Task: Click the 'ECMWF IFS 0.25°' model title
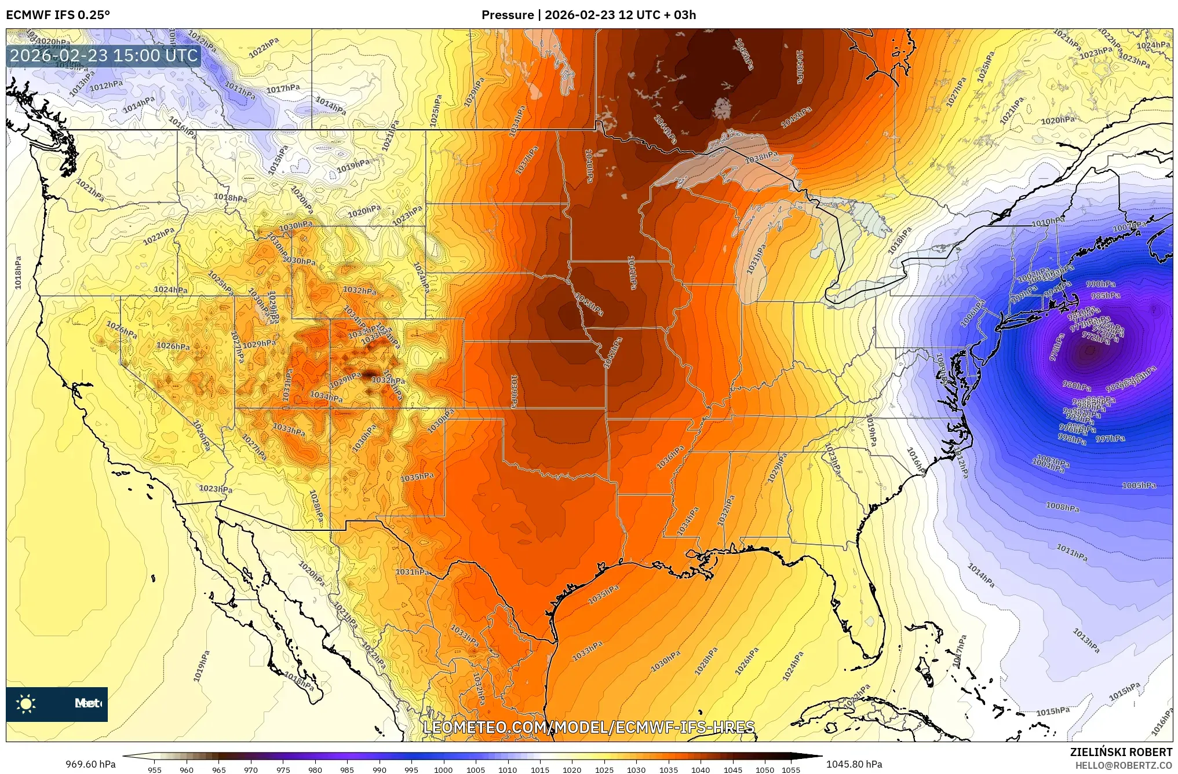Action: point(58,14)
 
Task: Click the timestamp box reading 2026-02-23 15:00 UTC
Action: point(104,56)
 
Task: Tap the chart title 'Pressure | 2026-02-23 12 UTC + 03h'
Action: point(589,14)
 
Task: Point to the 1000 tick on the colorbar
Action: point(443,769)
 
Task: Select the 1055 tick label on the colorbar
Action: point(791,769)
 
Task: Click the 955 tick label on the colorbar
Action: point(154,769)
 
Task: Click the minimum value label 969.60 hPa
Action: point(90,764)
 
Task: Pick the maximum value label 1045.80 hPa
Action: point(854,764)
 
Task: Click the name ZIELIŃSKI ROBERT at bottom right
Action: point(1121,752)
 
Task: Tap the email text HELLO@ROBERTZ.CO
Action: point(1124,765)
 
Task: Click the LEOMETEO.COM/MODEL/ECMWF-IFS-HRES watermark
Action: point(589,727)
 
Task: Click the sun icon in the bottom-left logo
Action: point(26,704)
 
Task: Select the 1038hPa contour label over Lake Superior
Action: point(761,157)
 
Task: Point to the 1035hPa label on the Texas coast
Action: point(603,595)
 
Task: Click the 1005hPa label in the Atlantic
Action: point(1139,485)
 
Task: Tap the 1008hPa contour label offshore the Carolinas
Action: point(1062,507)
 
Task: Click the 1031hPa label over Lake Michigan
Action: point(756,259)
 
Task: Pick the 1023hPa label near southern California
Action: point(216,489)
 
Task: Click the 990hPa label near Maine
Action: point(1100,284)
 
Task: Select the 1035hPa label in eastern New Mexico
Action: point(417,477)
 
